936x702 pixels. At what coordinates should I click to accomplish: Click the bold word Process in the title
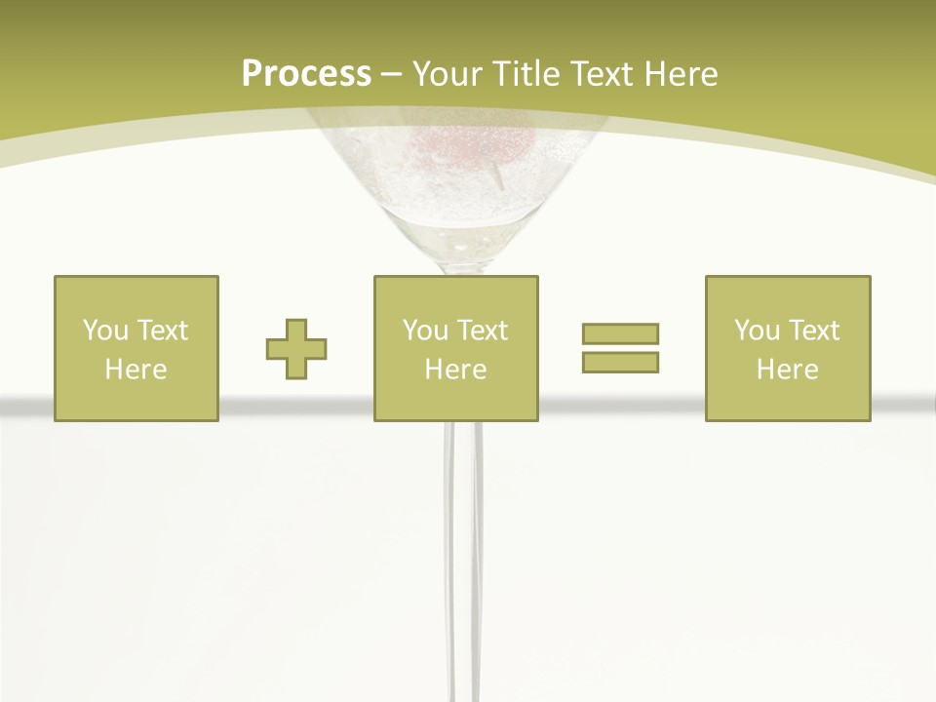tap(306, 74)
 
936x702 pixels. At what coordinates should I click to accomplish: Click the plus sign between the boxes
tap(296, 349)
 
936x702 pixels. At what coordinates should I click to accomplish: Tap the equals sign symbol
tap(620, 348)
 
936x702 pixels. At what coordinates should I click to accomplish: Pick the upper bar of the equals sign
tap(620, 334)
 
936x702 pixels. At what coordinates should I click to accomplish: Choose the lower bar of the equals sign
tap(620, 362)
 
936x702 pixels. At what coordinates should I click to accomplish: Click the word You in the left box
tap(105, 331)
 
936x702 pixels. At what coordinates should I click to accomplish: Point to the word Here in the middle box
tap(456, 370)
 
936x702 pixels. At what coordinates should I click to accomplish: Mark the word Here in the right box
tap(788, 370)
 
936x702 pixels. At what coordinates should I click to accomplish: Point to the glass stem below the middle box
tap(463, 546)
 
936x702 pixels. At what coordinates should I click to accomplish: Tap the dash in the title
tap(391, 74)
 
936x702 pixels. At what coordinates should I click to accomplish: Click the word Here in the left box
tap(136, 370)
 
